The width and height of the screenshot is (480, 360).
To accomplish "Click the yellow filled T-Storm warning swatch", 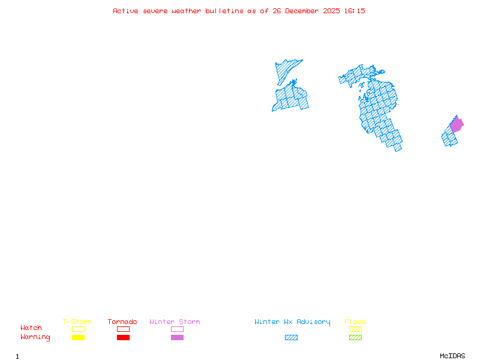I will [x=78, y=337].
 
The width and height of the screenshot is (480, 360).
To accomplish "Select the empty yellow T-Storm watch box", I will [x=78, y=329].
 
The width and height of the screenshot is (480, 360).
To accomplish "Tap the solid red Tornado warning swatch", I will [x=123, y=337].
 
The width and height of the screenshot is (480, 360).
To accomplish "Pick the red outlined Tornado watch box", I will [x=123, y=329].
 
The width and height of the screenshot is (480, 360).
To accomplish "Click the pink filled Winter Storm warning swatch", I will [x=177, y=337].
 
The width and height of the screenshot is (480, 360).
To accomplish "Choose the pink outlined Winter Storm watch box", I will [x=177, y=329].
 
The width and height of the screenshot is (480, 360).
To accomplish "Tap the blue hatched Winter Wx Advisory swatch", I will [x=291, y=337].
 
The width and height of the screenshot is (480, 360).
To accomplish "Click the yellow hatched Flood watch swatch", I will [x=355, y=329].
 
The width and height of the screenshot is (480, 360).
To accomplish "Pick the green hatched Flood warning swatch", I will [x=355, y=337].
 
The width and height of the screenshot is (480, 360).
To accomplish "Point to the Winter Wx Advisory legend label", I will [x=292, y=322].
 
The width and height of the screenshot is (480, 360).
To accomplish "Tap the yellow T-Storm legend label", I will [x=77, y=322].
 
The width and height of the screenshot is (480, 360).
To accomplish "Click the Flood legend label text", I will [x=355, y=322].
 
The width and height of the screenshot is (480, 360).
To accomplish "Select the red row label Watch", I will [x=31, y=328].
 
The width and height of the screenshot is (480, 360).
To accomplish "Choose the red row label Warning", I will [x=35, y=337].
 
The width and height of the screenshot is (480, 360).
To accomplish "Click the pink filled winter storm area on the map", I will [x=456, y=125].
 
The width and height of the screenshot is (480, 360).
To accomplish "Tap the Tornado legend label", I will [x=122, y=322].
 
